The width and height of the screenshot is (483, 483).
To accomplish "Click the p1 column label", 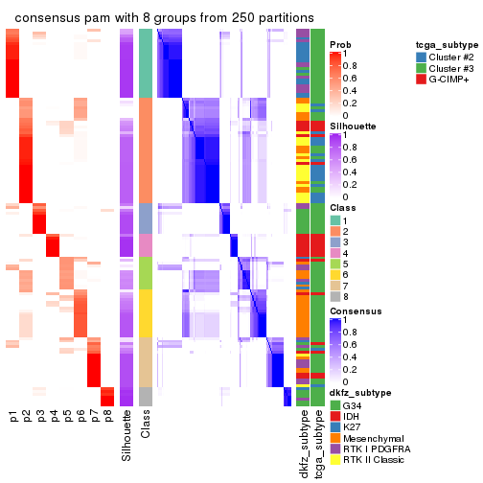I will tap(13, 417).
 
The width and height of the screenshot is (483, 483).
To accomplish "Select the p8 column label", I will tap(108, 417).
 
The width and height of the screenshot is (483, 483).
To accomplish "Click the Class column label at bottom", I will tap(146, 425).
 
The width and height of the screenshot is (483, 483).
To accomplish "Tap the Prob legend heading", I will tap(340, 45).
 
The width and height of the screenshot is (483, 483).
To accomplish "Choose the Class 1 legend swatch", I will tap(335, 220).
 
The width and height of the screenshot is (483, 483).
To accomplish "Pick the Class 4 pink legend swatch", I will tap(335, 255).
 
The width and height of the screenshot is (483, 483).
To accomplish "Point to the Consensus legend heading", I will tap(355, 311).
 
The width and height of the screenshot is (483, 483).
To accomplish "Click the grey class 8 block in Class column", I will tap(146, 396).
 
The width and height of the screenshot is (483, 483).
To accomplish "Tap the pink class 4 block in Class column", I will tap(146, 245).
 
